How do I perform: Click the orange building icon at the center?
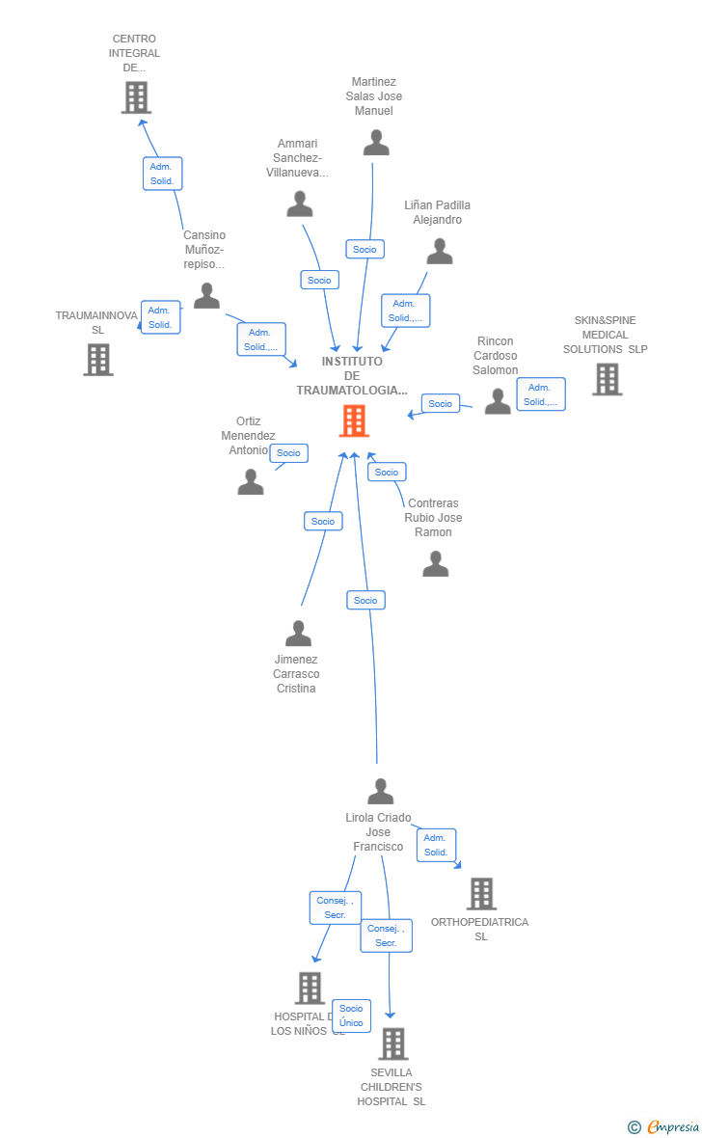(x=354, y=421)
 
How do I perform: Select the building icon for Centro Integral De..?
(x=136, y=97)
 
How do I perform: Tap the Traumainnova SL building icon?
(x=98, y=360)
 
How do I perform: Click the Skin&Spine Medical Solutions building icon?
(x=607, y=379)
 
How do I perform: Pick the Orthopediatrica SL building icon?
(x=481, y=894)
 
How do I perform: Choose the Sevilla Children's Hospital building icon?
(x=392, y=1043)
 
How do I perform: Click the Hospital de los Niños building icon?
(x=310, y=988)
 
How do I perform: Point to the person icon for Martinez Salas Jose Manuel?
(x=376, y=143)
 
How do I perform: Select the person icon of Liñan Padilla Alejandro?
(x=440, y=252)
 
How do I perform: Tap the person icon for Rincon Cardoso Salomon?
(x=498, y=401)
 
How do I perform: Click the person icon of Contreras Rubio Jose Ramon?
(x=436, y=564)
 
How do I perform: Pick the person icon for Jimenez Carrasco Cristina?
(x=299, y=634)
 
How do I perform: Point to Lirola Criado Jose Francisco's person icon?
(x=381, y=792)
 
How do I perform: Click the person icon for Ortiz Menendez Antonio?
(x=251, y=481)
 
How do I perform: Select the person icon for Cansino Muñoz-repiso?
(x=206, y=296)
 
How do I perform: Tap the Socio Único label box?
(x=351, y=1016)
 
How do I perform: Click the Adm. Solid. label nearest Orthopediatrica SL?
(x=436, y=845)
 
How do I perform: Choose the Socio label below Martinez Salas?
(x=364, y=249)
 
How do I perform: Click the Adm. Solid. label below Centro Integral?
(x=162, y=174)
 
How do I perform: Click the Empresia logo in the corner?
(x=664, y=1126)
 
